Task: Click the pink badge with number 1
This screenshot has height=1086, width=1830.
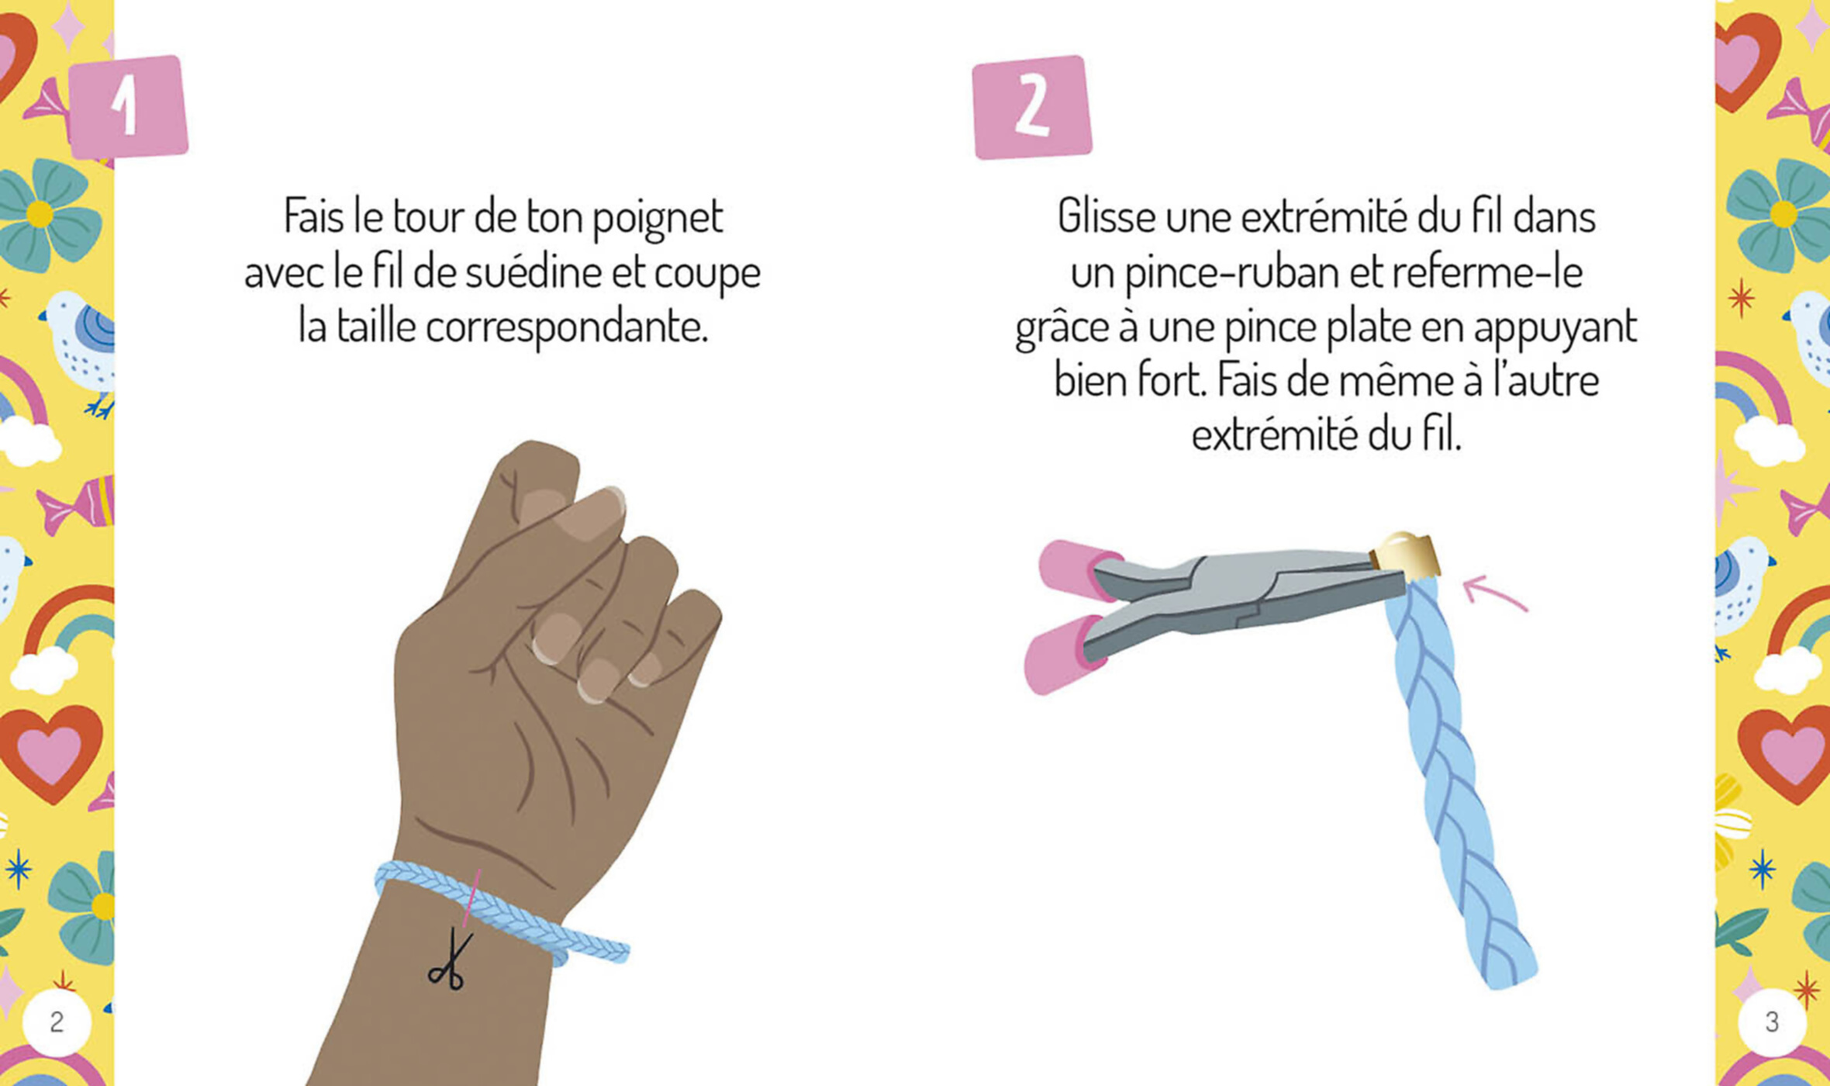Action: pos(129,107)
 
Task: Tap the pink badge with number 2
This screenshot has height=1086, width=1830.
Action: pos(1032,107)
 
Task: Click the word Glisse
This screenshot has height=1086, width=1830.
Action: pos(1107,217)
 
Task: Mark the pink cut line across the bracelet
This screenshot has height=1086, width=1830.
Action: pos(471,898)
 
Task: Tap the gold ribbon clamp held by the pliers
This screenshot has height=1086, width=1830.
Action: pos(1406,553)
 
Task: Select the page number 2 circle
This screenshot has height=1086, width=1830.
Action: pos(57,1022)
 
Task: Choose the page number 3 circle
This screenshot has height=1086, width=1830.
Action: pos(1772,1022)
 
